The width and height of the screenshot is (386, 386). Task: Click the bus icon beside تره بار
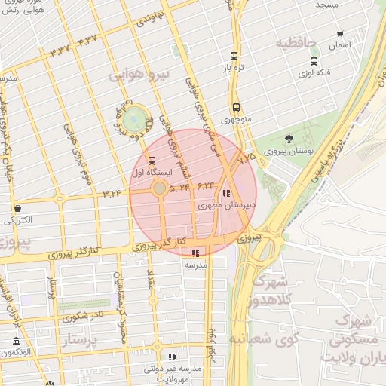point(235,57)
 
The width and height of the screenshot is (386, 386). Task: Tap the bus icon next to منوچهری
point(236,107)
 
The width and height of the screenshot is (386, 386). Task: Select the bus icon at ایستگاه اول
point(152,161)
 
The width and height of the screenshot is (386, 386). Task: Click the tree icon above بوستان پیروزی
point(289,138)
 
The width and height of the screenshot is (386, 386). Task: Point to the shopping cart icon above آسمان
point(340,33)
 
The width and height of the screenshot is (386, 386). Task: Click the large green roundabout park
point(135,118)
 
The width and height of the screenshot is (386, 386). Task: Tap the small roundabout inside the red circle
point(159,188)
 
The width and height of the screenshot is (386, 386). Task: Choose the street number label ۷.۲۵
point(247,157)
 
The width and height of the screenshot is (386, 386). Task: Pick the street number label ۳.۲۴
point(112,194)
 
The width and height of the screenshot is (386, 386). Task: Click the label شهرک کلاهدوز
point(279,291)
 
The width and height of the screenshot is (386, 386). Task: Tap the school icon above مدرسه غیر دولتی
point(172,357)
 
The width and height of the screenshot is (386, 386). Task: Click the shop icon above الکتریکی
point(17,208)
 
